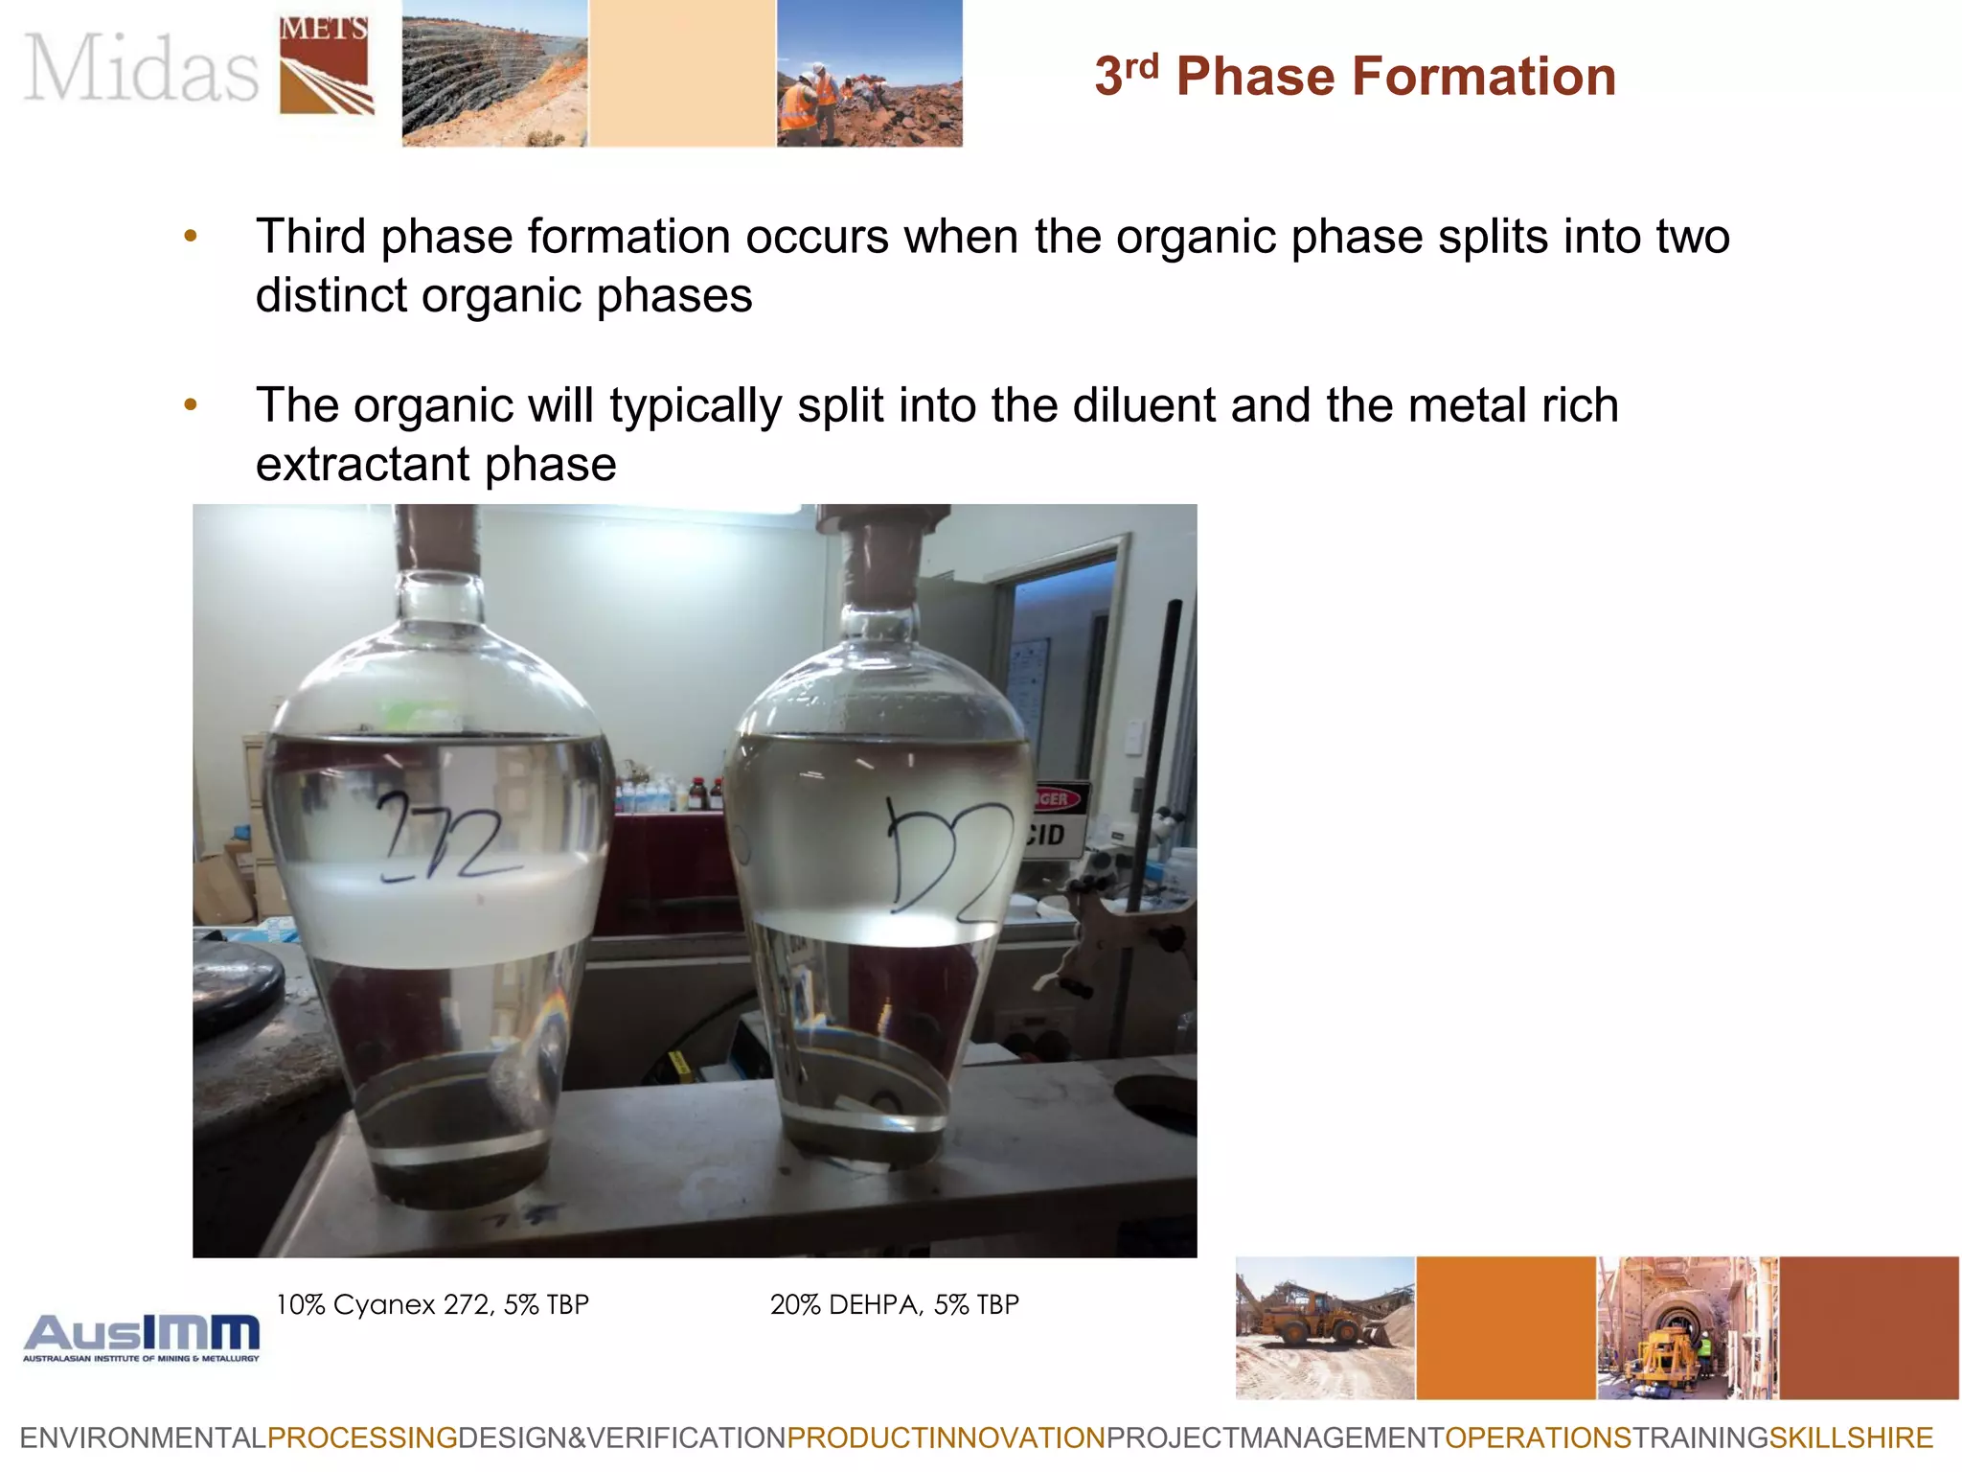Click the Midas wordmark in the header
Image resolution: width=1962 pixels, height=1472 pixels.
pos(141,68)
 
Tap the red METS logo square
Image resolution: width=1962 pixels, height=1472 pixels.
pos(324,65)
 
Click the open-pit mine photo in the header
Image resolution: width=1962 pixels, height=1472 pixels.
pos(494,74)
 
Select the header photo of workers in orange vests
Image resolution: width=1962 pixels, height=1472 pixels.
pos(869,74)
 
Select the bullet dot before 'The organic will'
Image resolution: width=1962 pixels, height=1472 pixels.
pos(191,405)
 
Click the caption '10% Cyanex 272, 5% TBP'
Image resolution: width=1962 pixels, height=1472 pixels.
pos(432,1304)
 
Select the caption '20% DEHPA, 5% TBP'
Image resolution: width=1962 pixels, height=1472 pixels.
pos(894,1304)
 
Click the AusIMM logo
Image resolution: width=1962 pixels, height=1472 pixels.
pos(142,1337)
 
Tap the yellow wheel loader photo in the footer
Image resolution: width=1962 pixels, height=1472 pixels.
pos(1324,1328)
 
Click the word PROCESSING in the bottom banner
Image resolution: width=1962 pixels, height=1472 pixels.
pos(362,1438)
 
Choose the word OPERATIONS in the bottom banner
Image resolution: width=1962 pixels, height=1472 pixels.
pos(1538,1438)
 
